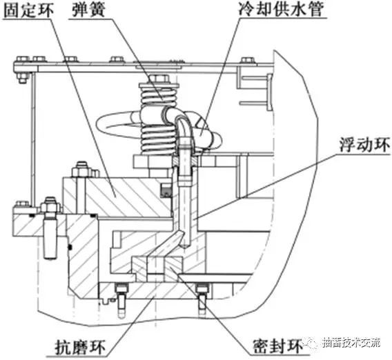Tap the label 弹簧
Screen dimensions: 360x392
point(90,12)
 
